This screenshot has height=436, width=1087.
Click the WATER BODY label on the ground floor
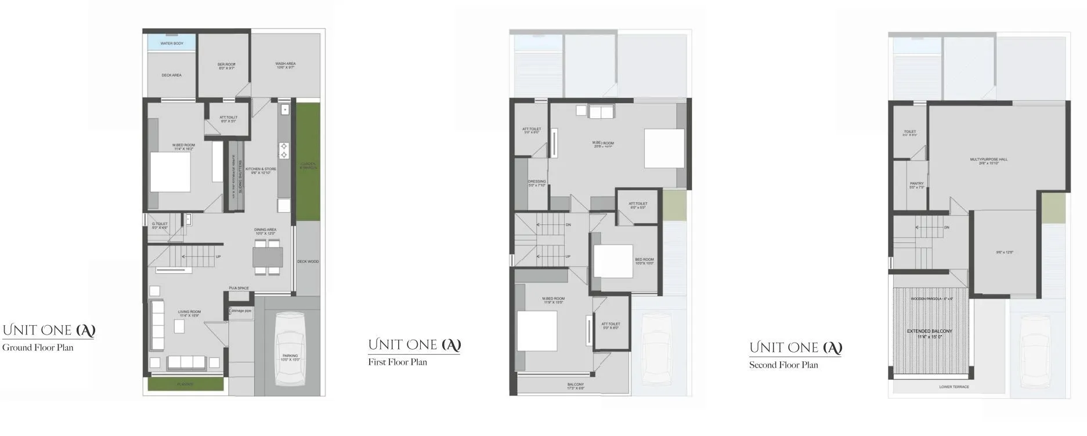click(172, 43)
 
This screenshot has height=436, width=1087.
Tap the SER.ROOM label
click(226, 64)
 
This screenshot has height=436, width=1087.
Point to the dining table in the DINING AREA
click(268, 256)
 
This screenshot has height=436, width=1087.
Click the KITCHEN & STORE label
click(261, 169)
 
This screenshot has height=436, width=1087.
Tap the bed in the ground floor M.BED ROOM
click(170, 172)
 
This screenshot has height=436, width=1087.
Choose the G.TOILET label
click(160, 224)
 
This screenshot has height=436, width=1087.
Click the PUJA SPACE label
click(239, 288)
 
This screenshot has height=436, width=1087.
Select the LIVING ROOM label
click(189, 312)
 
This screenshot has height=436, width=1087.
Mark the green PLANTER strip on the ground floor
click(186, 384)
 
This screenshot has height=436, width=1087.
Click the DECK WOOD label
click(308, 261)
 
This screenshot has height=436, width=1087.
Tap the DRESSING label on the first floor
click(537, 182)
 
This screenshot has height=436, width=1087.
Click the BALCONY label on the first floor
click(576, 384)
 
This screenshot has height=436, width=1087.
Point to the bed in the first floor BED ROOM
click(612, 261)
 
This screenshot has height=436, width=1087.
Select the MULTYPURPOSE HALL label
click(989, 159)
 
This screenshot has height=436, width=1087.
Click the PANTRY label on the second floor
click(916, 184)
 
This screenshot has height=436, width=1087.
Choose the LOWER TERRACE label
click(954, 387)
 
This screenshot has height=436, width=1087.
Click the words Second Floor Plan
click(783, 365)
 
